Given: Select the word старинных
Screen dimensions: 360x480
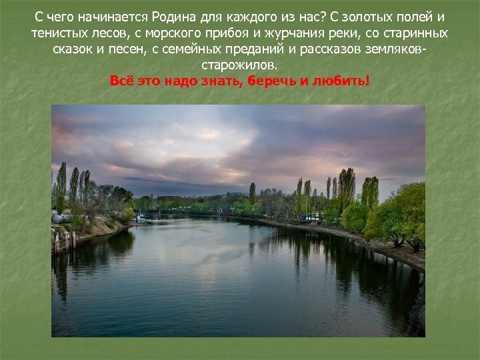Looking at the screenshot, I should pyautogui.click(x=419, y=33).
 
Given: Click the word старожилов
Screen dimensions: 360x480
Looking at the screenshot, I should pyautogui.click(x=239, y=66).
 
